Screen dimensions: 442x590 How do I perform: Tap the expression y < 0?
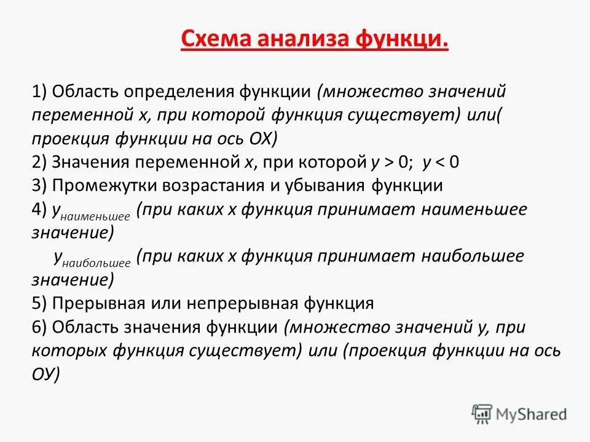[441, 162]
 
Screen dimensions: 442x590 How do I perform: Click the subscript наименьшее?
[95, 216]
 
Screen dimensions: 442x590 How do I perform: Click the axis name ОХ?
[264, 139]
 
